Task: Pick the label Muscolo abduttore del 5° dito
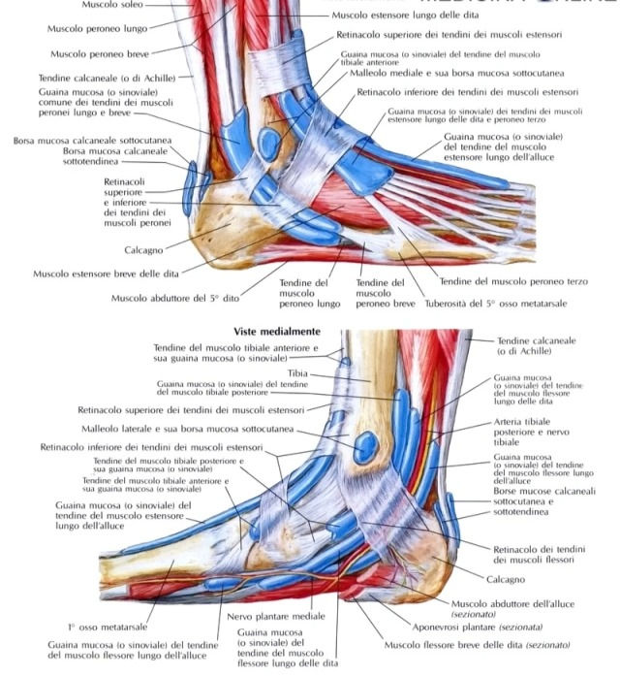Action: (x=175, y=298)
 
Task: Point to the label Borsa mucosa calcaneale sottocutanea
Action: (x=92, y=141)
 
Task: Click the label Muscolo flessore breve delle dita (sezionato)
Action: (x=478, y=644)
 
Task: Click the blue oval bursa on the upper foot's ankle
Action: (x=270, y=145)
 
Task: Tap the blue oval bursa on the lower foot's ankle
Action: (x=366, y=447)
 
